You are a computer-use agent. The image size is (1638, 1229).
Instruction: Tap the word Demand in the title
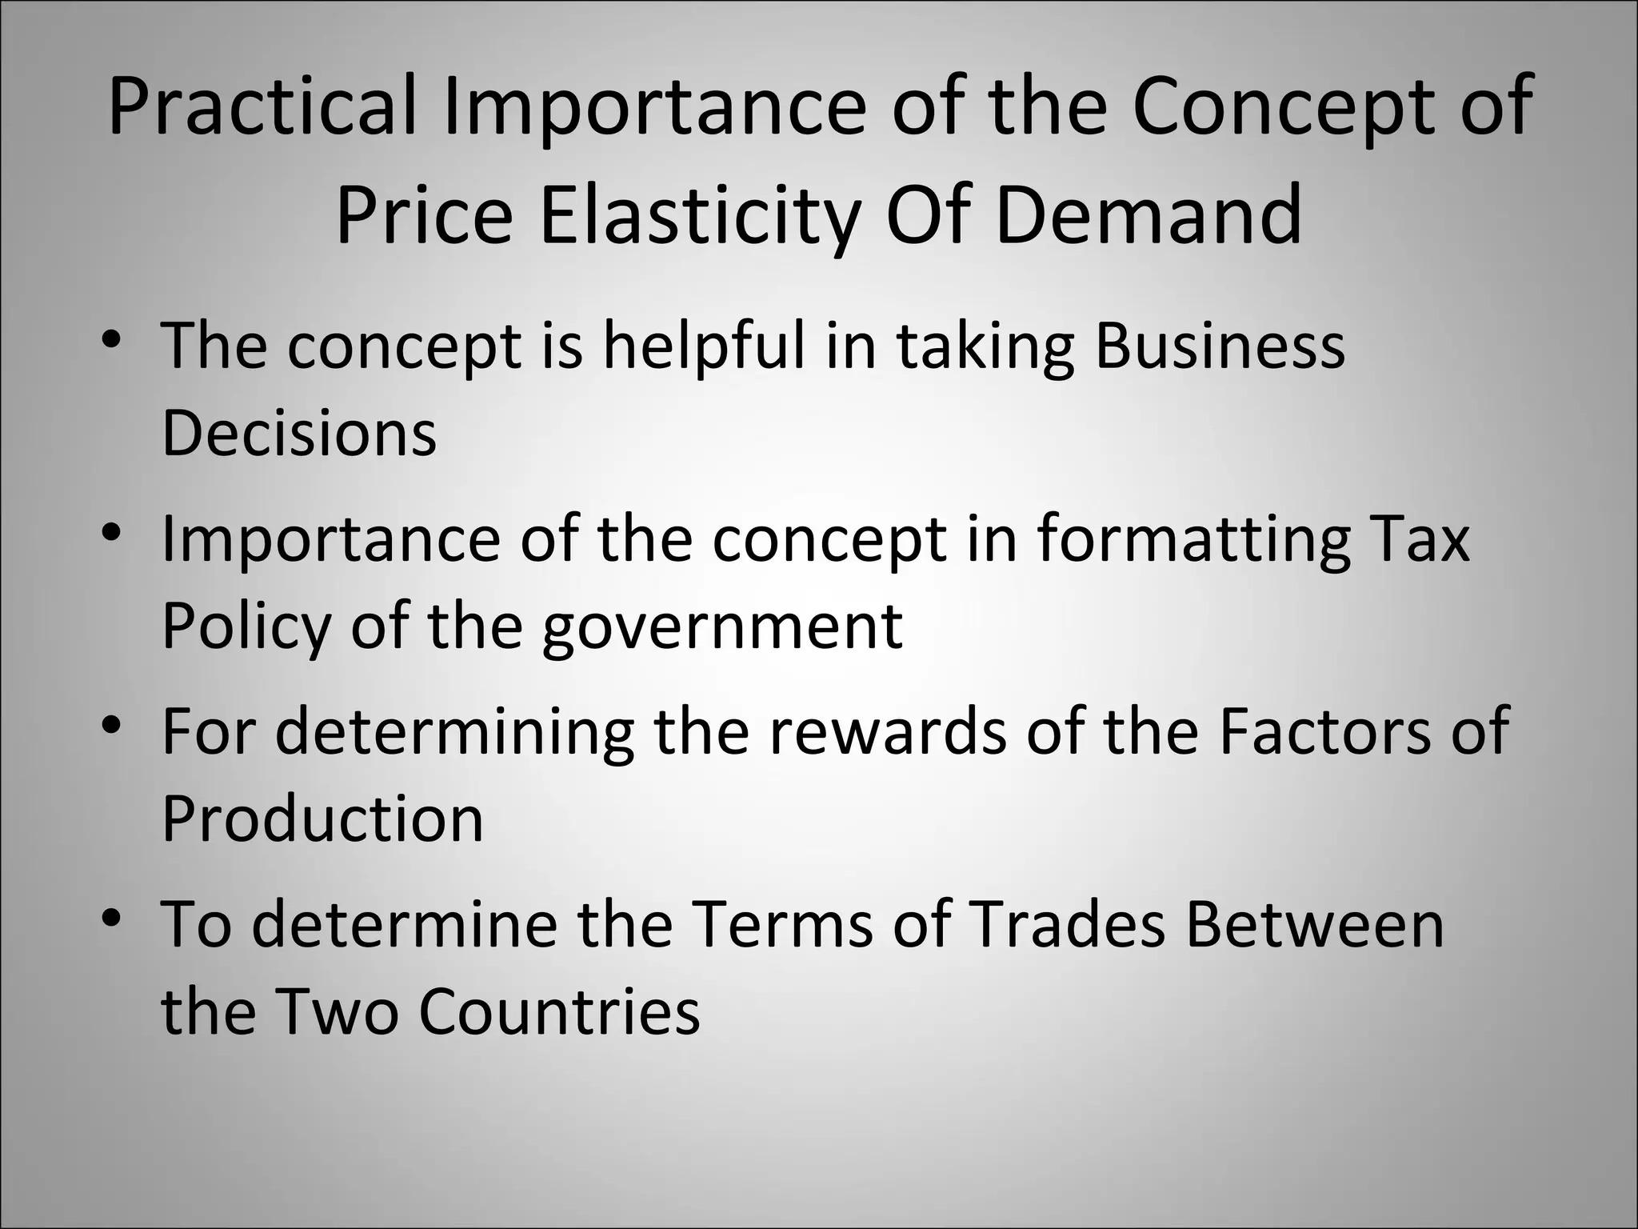point(1149,214)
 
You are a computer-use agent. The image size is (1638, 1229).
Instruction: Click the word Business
point(1220,346)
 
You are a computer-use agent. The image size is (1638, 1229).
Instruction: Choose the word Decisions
point(299,433)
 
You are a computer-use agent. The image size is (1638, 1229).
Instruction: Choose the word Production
point(323,819)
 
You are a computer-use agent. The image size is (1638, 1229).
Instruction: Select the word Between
point(1315,924)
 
